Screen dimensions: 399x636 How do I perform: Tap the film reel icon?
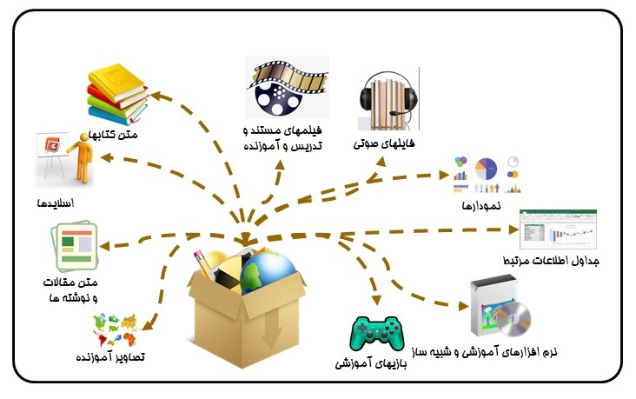(286, 88)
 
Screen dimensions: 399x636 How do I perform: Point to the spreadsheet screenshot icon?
(557, 229)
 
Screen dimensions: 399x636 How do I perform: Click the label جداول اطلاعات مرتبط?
(552, 261)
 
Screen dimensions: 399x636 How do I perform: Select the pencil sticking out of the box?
(204, 261)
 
